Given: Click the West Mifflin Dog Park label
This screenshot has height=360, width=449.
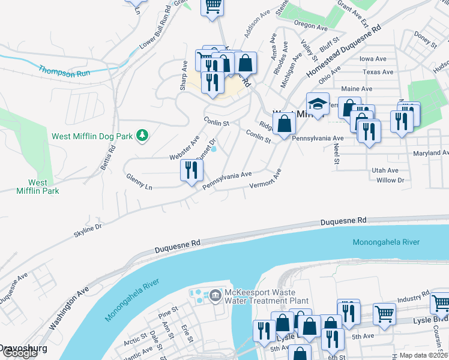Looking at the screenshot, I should pyautogui.click(x=92, y=136).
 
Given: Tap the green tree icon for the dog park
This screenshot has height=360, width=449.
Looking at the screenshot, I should pyautogui.click(x=142, y=136).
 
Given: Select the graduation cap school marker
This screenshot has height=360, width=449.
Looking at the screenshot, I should pyautogui.click(x=318, y=104).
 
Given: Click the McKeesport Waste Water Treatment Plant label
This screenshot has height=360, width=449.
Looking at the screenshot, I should pyautogui.click(x=267, y=297).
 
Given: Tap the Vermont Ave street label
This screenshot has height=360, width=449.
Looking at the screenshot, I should pyautogui.click(x=266, y=181).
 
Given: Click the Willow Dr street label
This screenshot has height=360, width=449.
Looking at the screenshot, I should pyautogui.click(x=391, y=180).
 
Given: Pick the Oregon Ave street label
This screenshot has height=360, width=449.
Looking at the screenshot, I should pyautogui.click(x=310, y=27).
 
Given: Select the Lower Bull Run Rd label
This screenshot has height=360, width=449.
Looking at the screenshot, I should pyautogui.click(x=155, y=32).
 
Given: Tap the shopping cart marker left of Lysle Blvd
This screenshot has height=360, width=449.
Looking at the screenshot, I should pyautogui.click(x=384, y=313).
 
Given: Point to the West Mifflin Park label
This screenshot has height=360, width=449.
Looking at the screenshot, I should pyautogui.click(x=37, y=187).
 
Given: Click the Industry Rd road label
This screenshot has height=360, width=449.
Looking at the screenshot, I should pyautogui.click(x=412, y=298).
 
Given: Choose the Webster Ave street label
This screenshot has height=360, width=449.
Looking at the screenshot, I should pyautogui.click(x=184, y=148).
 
